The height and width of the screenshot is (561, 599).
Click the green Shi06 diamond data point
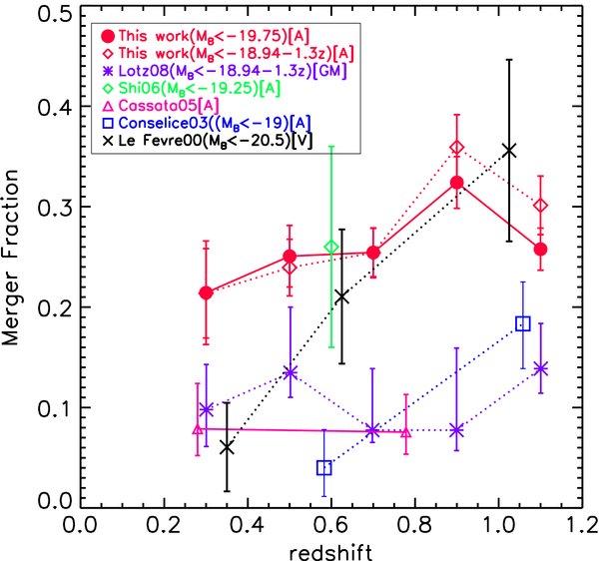pos(331,247)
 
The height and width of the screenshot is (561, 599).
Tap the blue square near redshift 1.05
pos(522,323)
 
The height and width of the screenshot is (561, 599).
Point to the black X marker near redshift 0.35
pos(227,448)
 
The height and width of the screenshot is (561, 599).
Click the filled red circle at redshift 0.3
pos(206,292)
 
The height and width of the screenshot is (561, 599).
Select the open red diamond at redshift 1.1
pos(541,206)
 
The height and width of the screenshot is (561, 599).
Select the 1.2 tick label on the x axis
pos(582,525)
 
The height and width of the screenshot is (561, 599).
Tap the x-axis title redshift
pos(331,548)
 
